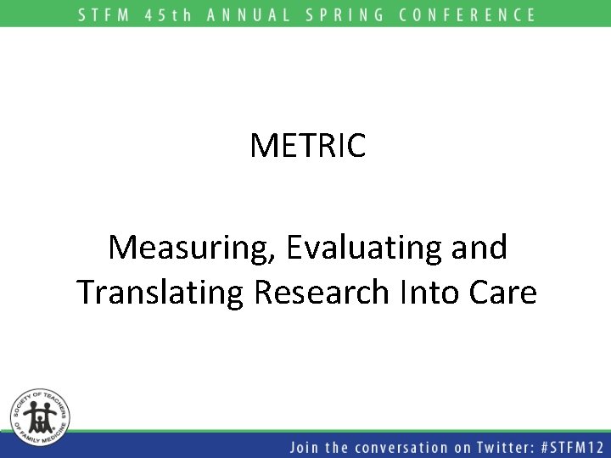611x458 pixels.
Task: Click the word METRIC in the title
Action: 307,145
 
